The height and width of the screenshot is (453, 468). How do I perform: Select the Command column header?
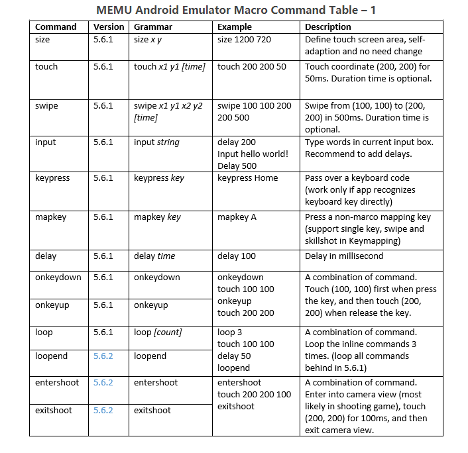[x=56, y=27]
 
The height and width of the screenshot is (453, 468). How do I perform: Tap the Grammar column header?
[x=153, y=27]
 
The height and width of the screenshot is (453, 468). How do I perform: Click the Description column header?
[x=328, y=27]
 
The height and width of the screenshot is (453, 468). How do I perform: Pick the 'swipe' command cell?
[x=46, y=106]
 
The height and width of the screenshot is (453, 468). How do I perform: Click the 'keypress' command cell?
[x=52, y=178]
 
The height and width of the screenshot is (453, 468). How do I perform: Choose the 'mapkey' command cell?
[x=50, y=217]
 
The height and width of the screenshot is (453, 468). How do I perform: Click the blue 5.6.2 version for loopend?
[x=103, y=356]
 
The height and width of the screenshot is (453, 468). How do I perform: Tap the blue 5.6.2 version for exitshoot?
[x=103, y=411]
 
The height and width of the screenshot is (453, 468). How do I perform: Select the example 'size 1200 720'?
[x=244, y=40]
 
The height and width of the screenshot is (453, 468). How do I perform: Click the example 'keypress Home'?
[x=248, y=178]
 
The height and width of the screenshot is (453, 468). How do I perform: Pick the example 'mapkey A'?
[x=237, y=217]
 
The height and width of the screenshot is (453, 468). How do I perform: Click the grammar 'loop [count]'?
[x=158, y=332]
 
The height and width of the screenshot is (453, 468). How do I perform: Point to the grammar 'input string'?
[x=156, y=142]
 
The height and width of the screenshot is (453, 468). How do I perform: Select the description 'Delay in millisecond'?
[x=345, y=256]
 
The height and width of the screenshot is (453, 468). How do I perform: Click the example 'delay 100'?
[x=237, y=256]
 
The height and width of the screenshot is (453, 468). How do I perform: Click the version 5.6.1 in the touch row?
[x=103, y=67]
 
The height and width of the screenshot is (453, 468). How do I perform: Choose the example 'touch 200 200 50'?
[x=252, y=67]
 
